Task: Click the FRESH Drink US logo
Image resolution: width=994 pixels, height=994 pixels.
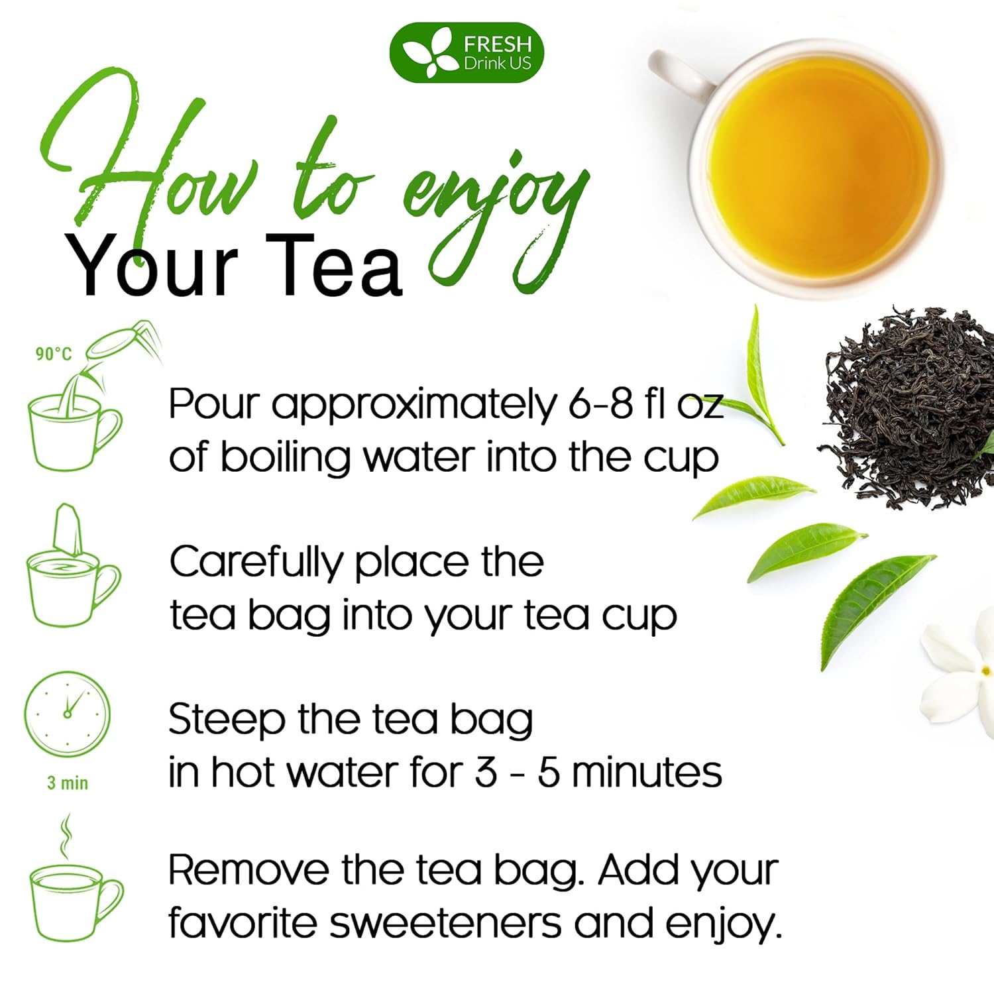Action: pos(467,53)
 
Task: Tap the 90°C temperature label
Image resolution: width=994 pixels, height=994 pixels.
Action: pos(53,354)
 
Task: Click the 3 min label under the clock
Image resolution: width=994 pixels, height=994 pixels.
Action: pos(67,783)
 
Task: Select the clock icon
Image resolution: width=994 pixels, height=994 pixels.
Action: pos(67,713)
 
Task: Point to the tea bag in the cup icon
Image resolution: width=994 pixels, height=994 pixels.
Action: pos(69,530)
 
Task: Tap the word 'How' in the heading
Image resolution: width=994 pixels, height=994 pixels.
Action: pos(146,166)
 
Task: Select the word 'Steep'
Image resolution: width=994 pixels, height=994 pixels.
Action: pos(227,721)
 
